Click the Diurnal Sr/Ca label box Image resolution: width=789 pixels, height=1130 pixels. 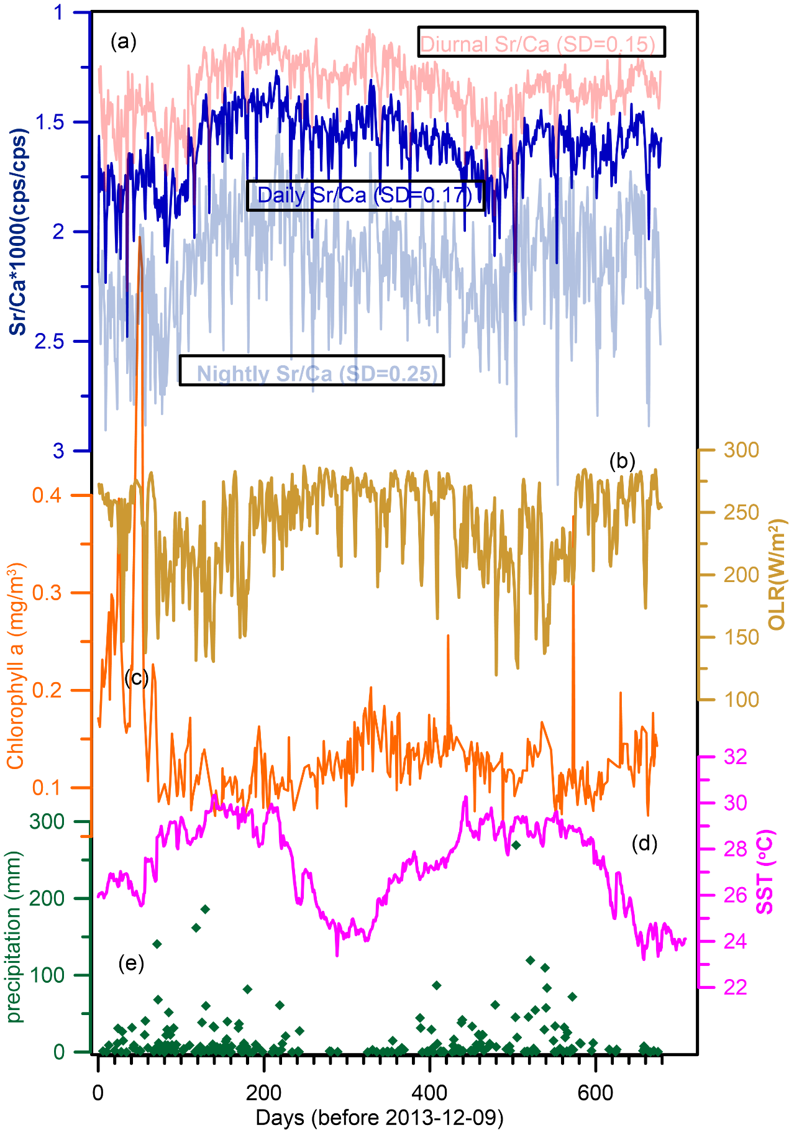(541, 42)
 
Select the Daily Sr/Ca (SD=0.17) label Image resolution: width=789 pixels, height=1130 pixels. (365, 196)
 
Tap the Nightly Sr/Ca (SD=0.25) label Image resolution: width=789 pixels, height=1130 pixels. (312, 371)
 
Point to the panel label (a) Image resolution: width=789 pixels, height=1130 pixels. (123, 42)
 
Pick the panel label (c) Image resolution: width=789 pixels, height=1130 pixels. (137, 678)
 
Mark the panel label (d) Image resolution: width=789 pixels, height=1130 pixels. (644, 843)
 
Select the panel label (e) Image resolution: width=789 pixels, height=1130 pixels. (131, 964)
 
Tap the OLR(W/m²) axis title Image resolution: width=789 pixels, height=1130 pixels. (776, 575)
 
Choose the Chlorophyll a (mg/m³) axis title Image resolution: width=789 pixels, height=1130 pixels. (16, 666)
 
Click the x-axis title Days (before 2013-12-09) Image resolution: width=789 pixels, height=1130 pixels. (379, 1118)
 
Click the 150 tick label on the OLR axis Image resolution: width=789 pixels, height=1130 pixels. (741, 637)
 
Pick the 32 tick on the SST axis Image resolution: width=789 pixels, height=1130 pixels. (736, 757)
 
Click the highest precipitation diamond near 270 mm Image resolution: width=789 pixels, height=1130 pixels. (516, 845)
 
